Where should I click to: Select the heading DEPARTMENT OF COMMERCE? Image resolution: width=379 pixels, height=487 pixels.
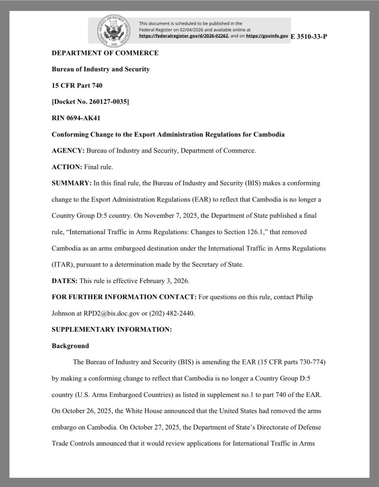pyautogui.click(x=105, y=53)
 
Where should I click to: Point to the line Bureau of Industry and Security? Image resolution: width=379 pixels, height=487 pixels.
pyautogui.click(x=101, y=69)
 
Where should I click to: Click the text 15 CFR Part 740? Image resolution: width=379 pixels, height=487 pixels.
pyautogui.click(x=77, y=86)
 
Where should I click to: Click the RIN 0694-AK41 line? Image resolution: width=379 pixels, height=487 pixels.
pyautogui.click(x=76, y=118)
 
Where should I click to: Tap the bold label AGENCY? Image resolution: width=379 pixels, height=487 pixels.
pyautogui.click(x=68, y=151)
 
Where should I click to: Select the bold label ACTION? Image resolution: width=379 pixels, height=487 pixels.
pyautogui.click(x=67, y=167)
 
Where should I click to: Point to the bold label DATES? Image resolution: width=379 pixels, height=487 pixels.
pyautogui.click(x=65, y=281)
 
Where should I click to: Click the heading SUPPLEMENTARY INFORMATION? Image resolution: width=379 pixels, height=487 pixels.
pyautogui.click(x=112, y=330)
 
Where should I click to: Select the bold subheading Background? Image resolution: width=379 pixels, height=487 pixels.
pyautogui.click(x=71, y=346)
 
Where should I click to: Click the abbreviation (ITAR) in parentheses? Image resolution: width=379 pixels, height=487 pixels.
pyautogui.click(x=63, y=265)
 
